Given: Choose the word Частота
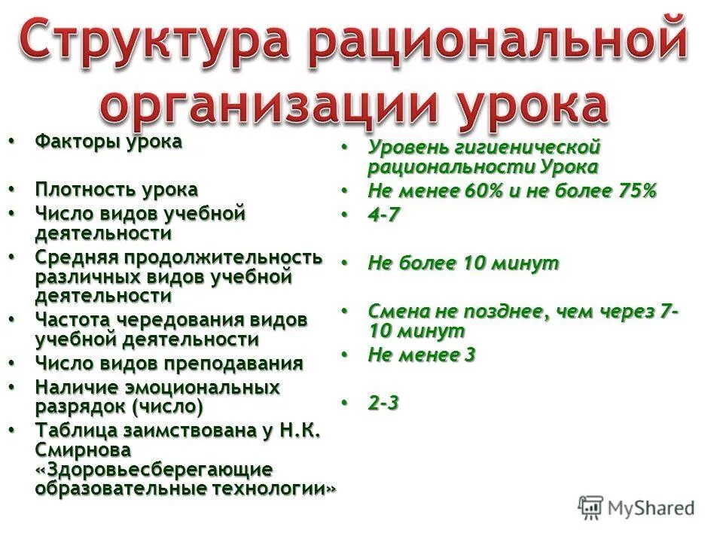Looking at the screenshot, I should [x=68, y=320].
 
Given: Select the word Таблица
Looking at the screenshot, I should [x=71, y=431].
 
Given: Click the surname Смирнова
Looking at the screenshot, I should [x=83, y=450].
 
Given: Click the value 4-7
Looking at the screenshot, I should [x=383, y=215].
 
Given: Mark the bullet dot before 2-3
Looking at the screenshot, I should [x=346, y=403].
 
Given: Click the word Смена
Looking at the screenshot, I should [x=395, y=312].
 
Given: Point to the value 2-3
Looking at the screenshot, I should [x=383, y=403].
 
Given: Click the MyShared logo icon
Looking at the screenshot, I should [x=591, y=507].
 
